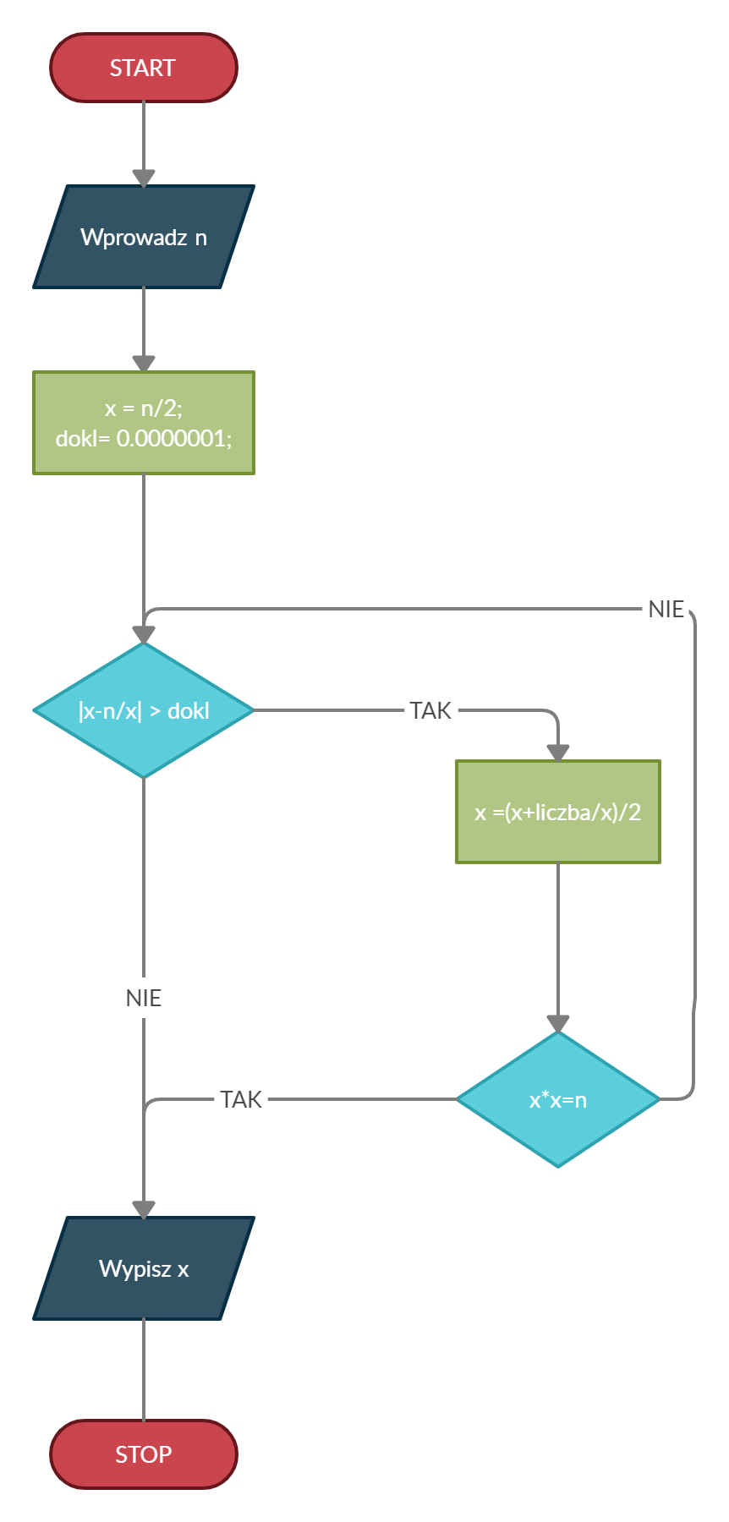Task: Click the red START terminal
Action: click(144, 68)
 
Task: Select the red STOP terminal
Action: click(144, 1454)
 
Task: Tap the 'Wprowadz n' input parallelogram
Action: click(144, 237)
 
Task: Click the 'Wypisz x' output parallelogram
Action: click(144, 1268)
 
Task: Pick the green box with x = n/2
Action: click(144, 423)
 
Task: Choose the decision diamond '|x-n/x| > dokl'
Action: click(144, 710)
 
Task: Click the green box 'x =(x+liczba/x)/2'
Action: click(558, 812)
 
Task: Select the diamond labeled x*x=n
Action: click(558, 1099)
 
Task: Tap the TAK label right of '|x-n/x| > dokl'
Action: click(430, 710)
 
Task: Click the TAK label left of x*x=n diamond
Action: click(241, 1099)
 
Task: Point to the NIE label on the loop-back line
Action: click(666, 609)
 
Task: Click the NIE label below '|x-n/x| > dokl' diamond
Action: click(144, 998)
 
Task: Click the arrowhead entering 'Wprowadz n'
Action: click(144, 178)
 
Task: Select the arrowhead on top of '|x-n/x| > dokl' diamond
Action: click(144, 635)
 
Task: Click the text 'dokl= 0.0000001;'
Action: click(144, 438)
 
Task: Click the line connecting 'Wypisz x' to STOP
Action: click(144, 1370)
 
